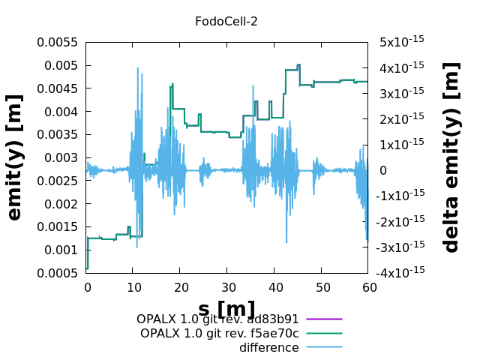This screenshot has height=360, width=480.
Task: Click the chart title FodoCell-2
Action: (226, 22)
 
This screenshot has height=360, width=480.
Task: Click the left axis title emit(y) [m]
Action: (15, 157)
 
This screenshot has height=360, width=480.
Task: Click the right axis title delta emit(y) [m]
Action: (451, 157)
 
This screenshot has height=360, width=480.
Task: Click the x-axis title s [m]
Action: (226, 309)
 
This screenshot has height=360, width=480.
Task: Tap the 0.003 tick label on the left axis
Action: (61, 157)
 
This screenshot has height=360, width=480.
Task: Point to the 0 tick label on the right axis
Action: (382, 170)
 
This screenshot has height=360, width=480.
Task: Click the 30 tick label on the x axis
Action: (227, 287)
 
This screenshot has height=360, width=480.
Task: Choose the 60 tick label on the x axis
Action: (368, 287)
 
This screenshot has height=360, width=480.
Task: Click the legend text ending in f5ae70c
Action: (219, 333)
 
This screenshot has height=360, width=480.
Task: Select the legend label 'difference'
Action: (268, 347)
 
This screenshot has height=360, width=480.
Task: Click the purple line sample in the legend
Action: (324, 319)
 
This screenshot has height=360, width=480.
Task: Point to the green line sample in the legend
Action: (324, 333)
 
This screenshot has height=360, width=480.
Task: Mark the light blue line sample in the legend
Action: (324, 347)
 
